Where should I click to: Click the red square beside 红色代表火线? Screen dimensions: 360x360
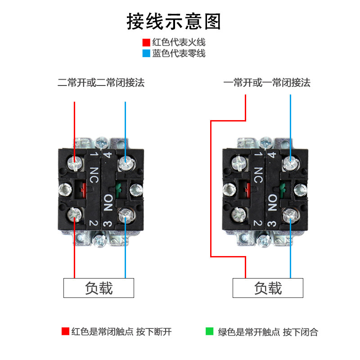coord(146,43)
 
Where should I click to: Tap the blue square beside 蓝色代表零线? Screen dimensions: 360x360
coord(146,54)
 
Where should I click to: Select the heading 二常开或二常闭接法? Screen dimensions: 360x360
coord(101,83)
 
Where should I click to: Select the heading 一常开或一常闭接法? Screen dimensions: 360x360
coord(267,83)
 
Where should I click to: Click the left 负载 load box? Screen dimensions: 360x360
coord(99,288)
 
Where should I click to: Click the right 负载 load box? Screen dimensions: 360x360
coord(268,288)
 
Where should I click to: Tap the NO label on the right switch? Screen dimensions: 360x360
coord(272,203)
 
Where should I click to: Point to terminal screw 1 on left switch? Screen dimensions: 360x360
coord(75,162)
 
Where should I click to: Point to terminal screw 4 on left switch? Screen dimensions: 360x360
coord(125,162)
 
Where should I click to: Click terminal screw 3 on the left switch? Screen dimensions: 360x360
coord(125,217)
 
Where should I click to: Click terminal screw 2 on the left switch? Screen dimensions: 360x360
coord(74,217)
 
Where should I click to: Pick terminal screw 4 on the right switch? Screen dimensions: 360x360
coord(290,162)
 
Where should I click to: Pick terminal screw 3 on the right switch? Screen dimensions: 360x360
coord(290,217)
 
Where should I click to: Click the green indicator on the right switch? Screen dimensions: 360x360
coord(283,189)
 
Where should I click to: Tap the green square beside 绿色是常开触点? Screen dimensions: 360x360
coord(209,332)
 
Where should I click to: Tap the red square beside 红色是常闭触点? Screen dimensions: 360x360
coord(65,332)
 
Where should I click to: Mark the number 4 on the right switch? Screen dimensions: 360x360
coord(272,156)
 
